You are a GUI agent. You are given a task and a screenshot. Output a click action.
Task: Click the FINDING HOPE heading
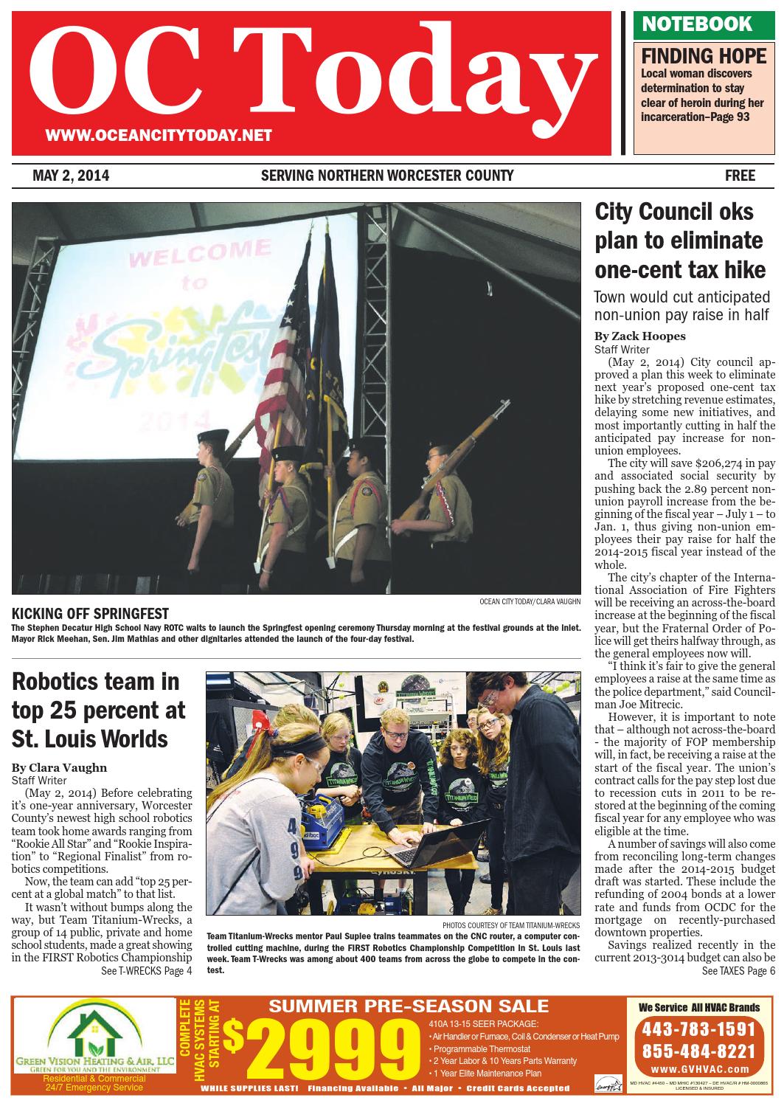(693, 56)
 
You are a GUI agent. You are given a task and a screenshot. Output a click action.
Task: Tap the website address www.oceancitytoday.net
(159, 135)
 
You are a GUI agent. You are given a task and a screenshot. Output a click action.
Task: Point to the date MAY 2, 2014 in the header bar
(71, 176)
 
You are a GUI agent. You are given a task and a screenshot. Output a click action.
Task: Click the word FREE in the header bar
(740, 176)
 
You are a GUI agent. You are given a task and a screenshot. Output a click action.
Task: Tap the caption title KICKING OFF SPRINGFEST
(91, 614)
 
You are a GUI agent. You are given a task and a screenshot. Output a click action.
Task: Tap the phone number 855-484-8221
(698, 1051)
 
